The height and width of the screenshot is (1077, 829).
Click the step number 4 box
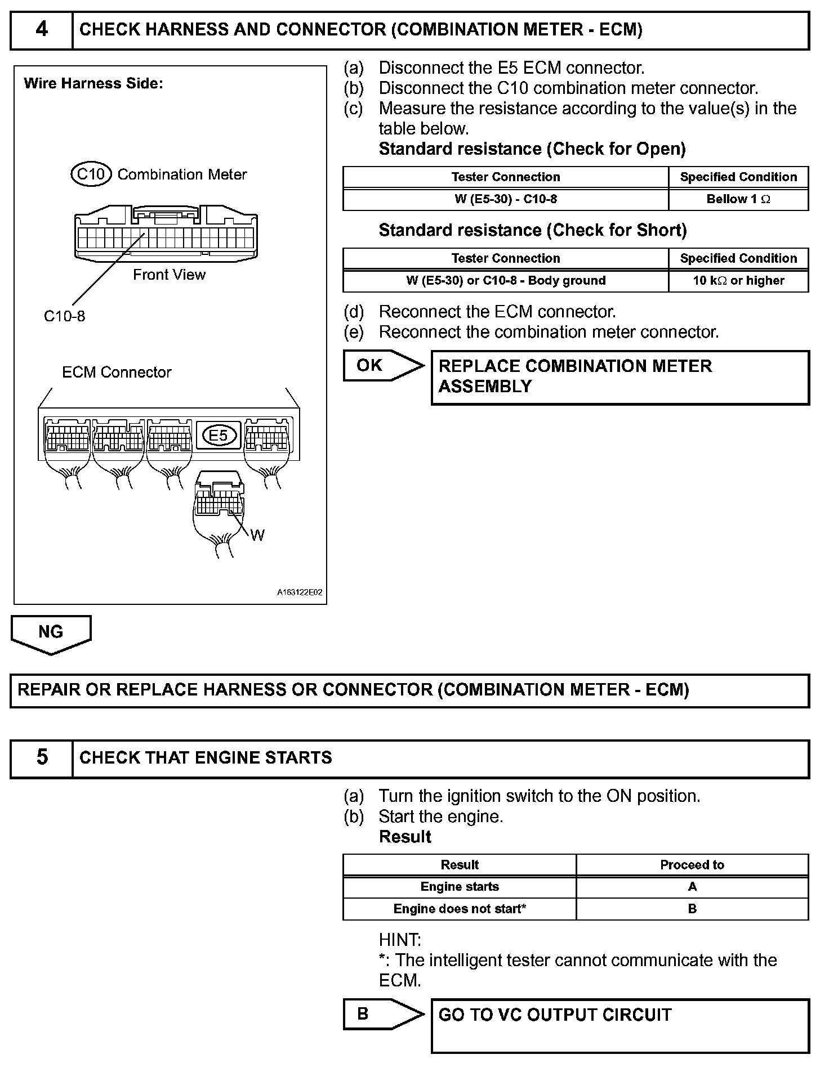(42, 30)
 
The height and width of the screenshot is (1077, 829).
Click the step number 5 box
(42, 758)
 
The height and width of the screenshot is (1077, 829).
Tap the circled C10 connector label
(91, 174)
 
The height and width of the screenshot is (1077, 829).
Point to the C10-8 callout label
(64, 316)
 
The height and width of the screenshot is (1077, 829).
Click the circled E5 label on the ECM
(219, 435)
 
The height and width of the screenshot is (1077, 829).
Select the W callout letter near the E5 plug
(257, 535)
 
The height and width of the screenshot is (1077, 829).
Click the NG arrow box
(51, 633)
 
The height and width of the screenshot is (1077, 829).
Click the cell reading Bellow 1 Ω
(738, 199)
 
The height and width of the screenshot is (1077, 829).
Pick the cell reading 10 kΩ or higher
(738, 281)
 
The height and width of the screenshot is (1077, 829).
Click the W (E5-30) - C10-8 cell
(505, 199)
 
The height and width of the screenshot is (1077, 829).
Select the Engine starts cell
(460, 887)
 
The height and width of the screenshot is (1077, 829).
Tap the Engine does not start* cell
(460, 909)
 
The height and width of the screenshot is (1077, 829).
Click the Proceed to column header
(692, 865)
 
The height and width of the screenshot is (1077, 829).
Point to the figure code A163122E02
(300, 593)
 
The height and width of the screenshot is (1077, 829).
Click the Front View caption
(169, 275)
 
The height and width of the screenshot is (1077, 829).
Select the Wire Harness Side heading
(93, 84)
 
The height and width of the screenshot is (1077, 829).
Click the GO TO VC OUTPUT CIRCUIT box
(619, 1025)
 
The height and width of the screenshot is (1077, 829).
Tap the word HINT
(400, 940)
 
